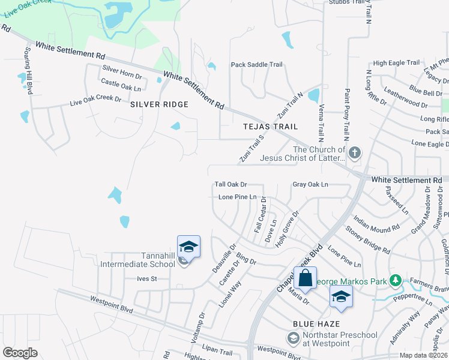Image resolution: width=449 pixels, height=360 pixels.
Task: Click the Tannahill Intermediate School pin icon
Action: pos(188,247)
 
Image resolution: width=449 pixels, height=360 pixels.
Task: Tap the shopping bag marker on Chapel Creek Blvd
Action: pos(305,278)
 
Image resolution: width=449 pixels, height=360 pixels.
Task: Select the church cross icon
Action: pos(355,152)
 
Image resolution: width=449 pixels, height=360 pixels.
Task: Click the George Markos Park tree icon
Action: pos(395,280)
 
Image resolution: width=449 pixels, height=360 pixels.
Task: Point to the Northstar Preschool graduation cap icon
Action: pos(292,339)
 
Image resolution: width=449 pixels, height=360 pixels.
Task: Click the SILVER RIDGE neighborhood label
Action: pos(159,104)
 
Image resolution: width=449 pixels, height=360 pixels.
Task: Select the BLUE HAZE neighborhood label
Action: pos(312,324)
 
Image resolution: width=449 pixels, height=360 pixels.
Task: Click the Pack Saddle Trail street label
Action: pos(256,65)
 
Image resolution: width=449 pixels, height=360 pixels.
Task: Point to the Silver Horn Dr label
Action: pos(122,70)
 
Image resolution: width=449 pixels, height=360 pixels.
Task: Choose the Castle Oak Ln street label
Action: pos(121,85)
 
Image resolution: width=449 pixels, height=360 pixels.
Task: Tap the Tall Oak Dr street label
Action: pos(231,184)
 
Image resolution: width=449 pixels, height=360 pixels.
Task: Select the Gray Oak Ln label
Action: pos(310,184)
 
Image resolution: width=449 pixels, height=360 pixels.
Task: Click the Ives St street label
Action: pos(146,278)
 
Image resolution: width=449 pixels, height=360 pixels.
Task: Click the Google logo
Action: pos(20,352)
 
